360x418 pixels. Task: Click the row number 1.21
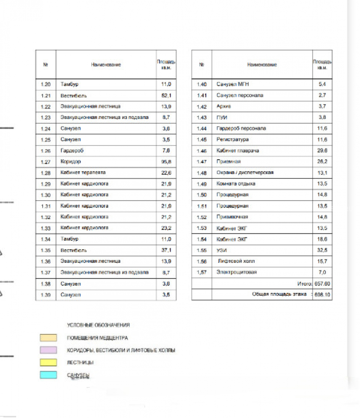[46, 96]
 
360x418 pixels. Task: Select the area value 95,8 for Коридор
[166, 162]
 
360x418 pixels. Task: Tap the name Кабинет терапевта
[83, 173]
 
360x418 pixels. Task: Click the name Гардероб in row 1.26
[72, 151]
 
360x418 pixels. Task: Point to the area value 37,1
[166, 250]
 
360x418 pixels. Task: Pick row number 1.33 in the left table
[46, 228]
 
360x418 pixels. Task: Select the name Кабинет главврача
[238, 151]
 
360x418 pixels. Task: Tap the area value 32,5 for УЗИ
[322, 250]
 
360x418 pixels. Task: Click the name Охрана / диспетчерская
[245, 173]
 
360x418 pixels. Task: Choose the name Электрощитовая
[237, 272]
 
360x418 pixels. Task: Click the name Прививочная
[232, 217]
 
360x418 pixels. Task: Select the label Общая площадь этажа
[279, 294]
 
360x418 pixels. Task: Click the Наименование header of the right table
[262, 65]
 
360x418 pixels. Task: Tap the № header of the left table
[46, 65]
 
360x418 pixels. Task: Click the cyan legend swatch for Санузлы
[48, 375]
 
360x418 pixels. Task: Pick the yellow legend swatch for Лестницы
[48, 363]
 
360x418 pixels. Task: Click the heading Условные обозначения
[98, 325]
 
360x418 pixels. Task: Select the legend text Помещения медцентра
[97, 338]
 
